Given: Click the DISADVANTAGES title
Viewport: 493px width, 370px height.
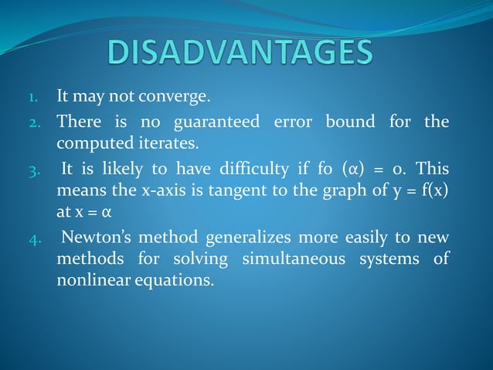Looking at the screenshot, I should point(240,53).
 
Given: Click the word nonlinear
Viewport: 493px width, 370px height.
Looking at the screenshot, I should point(86,279).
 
